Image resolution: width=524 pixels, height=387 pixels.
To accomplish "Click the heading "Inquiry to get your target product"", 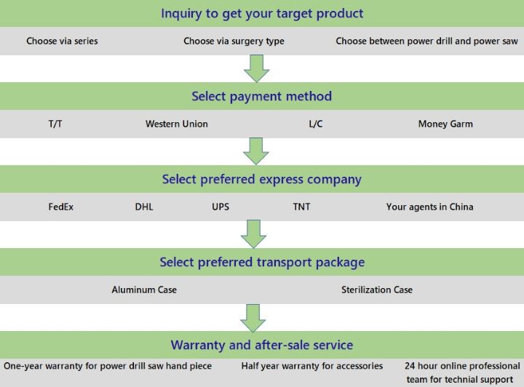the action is pyautogui.click(x=262, y=14).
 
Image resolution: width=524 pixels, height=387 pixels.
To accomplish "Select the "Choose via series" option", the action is pyautogui.click(x=62, y=41).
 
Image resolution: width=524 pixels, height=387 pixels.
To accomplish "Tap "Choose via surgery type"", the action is pyautogui.click(x=234, y=41).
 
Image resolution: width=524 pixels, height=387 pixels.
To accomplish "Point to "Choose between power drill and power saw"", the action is pyautogui.click(x=426, y=41).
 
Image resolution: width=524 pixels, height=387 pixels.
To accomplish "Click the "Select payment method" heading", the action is pyautogui.click(x=262, y=96).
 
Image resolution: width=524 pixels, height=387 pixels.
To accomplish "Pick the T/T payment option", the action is pyautogui.click(x=55, y=124).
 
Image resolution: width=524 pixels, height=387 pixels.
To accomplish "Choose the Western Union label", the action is pyautogui.click(x=177, y=124).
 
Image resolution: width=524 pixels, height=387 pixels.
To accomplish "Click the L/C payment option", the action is pyautogui.click(x=316, y=124).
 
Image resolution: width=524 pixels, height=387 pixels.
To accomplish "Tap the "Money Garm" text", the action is pyautogui.click(x=445, y=124).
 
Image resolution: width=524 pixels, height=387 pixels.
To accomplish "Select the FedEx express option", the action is pyautogui.click(x=61, y=207).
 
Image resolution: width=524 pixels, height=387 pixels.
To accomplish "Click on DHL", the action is pyautogui.click(x=144, y=207).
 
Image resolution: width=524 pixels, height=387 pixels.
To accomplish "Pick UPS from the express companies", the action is pyautogui.click(x=221, y=207).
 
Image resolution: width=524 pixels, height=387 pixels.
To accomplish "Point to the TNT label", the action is pyautogui.click(x=301, y=207).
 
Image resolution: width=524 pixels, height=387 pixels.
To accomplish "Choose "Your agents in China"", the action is pyautogui.click(x=430, y=207).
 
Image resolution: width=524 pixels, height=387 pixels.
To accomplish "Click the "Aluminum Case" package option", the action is pyautogui.click(x=144, y=290).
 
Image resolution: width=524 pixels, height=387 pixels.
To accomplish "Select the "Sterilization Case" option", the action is pyautogui.click(x=377, y=290).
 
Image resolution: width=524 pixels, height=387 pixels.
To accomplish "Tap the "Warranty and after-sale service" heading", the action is pyautogui.click(x=262, y=345).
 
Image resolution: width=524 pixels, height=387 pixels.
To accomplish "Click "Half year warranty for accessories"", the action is pyautogui.click(x=312, y=366).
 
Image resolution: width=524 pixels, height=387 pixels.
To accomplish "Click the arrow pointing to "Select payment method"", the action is pyautogui.click(x=257, y=68).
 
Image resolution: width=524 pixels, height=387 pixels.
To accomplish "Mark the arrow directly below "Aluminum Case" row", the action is pyautogui.click(x=253, y=318).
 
